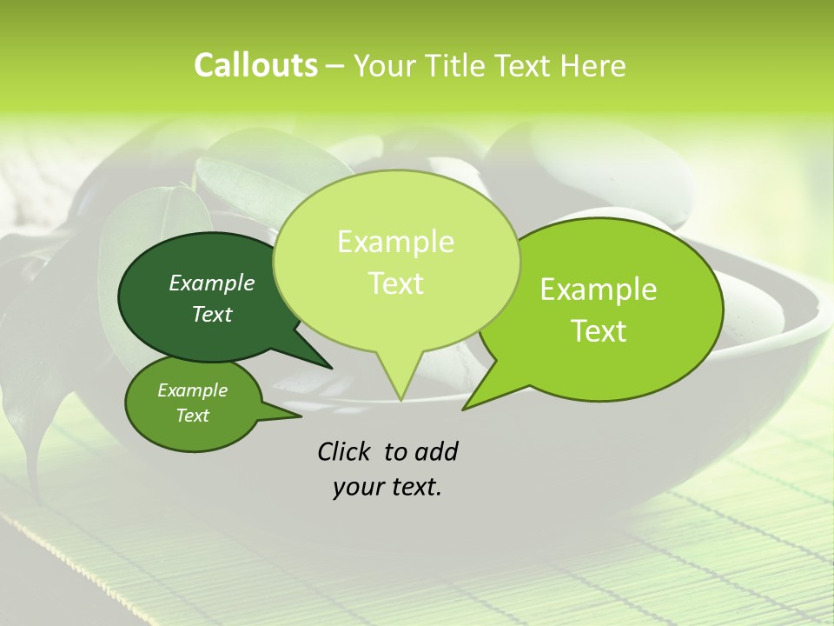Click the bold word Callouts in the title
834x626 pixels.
255,65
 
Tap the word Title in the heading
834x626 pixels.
454,65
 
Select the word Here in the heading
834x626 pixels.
593,65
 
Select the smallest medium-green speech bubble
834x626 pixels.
174,426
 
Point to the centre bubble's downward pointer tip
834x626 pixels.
400,398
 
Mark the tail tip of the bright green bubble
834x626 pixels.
467,407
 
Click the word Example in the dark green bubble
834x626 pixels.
212,283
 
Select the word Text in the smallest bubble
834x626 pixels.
193,416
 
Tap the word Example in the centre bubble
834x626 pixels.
396,242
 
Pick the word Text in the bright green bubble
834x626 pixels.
599,331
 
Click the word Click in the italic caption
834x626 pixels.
344,451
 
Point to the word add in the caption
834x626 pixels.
435,451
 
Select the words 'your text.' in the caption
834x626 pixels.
387,487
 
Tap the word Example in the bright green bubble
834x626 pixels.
599,290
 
